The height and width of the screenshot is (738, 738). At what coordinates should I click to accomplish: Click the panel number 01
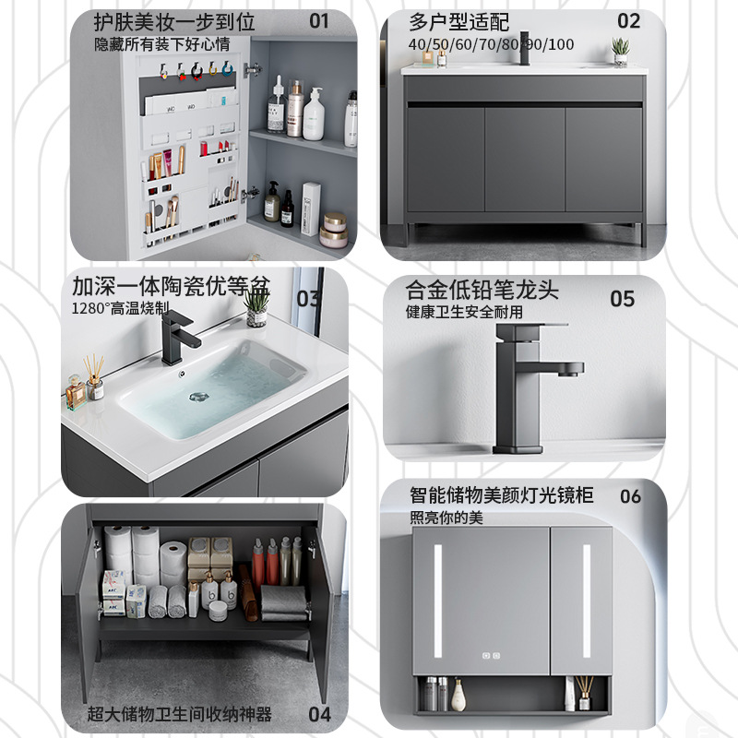tap(318, 20)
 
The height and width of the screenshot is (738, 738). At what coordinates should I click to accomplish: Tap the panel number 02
tap(628, 20)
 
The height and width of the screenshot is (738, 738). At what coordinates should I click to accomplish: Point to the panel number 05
tap(623, 299)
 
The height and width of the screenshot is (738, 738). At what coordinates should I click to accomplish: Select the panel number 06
tap(630, 497)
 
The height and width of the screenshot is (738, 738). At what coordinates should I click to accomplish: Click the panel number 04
tap(319, 714)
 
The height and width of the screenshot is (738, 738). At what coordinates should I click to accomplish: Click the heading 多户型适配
tap(458, 21)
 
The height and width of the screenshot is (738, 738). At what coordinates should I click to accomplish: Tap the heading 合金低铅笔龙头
tap(482, 291)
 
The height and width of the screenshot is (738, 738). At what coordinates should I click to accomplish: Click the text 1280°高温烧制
tap(116, 308)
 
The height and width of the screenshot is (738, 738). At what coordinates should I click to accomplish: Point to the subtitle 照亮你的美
tap(446, 518)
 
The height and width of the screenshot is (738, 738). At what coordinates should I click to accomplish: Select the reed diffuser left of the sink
tap(92, 378)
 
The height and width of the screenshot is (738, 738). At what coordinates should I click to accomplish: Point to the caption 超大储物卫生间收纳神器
tap(180, 714)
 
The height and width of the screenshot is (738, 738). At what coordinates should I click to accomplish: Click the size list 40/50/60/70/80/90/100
tap(491, 44)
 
